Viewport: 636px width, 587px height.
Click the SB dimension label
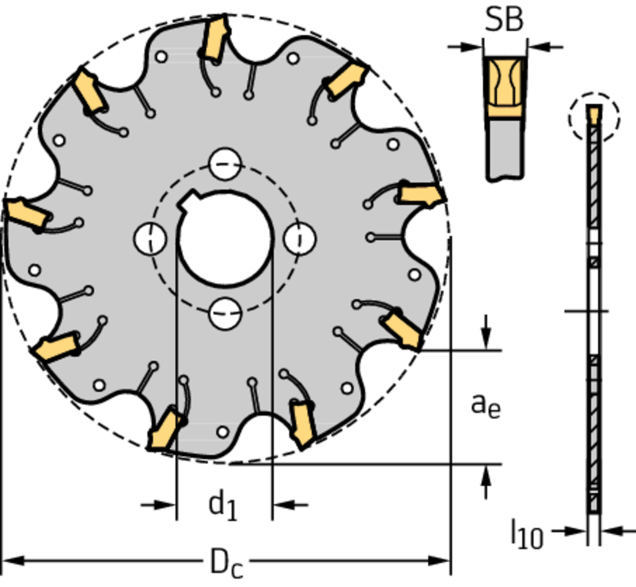coord(504,19)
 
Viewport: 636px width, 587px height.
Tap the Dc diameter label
coord(227,562)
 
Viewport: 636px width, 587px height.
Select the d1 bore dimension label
coord(223,506)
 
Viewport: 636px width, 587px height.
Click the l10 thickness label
coord(527,534)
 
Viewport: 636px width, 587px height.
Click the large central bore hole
coord(225,239)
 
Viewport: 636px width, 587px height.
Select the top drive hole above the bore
coord(225,164)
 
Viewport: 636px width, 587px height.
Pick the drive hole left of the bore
coord(150,239)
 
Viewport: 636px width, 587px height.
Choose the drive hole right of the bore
coord(300,239)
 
